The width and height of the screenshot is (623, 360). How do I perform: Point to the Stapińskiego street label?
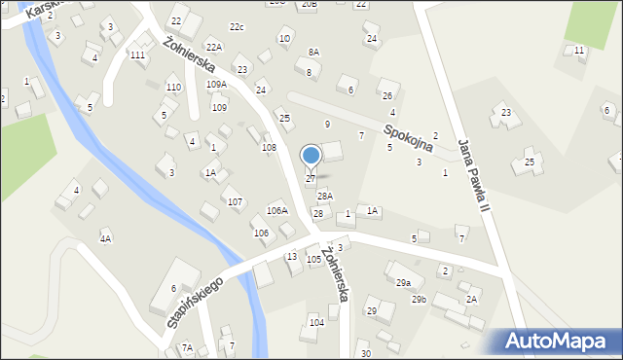(x=195, y=302)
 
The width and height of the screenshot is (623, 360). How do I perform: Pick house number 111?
(x=137, y=55)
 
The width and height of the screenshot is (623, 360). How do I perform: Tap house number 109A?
(x=216, y=85)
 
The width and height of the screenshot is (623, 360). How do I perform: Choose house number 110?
(x=173, y=88)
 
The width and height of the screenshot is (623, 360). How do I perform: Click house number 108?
(x=269, y=148)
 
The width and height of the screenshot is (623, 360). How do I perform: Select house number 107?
(x=235, y=201)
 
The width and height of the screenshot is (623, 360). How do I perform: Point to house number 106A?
(x=277, y=210)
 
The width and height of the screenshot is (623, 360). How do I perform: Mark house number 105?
(x=313, y=260)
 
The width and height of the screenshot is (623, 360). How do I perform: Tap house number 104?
(x=316, y=322)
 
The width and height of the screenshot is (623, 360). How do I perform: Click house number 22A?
(x=213, y=47)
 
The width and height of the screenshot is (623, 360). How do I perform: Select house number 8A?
(x=313, y=53)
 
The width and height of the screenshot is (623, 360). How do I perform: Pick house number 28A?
(x=325, y=197)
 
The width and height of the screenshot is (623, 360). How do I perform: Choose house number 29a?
(x=402, y=282)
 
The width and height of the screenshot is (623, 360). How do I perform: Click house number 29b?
(x=418, y=299)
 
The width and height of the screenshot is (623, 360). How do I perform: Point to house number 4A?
(x=105, y=238)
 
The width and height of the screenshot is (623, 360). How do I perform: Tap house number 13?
(x=291, y=256)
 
